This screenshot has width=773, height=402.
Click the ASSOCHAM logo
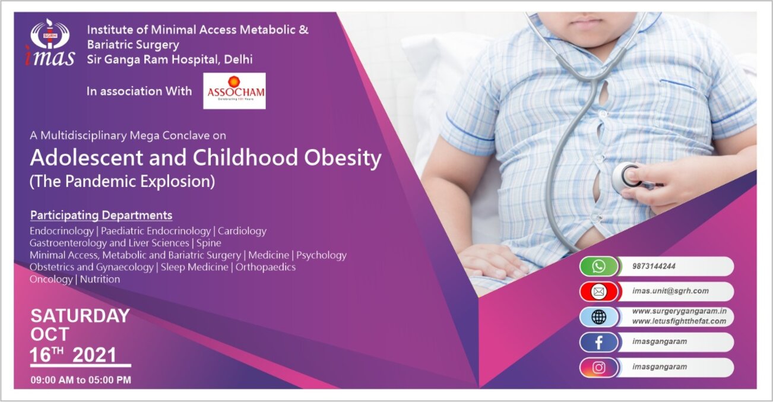pos(235,91)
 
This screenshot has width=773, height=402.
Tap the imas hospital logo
pos(50,43)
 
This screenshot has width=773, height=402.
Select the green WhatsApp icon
pos(598,267)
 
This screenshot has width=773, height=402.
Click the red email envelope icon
pos(598,292)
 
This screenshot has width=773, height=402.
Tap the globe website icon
pos(598,316)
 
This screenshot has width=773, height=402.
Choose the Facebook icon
pos(598,342)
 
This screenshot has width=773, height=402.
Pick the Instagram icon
pos(598,367)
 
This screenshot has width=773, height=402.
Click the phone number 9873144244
pos(654,267)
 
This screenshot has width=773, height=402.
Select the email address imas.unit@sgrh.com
pos(670,291)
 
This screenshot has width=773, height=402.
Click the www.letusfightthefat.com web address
pos(679,321)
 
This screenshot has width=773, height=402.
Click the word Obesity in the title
pos(343,159)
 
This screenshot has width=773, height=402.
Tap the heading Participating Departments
pos(101,216)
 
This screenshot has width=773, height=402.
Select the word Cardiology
pos(242,231)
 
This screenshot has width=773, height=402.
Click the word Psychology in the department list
pos(321,255)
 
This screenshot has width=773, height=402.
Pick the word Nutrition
pos(100,279)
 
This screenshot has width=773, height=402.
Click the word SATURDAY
pos(80,316)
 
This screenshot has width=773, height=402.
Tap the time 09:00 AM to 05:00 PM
pos(81,380)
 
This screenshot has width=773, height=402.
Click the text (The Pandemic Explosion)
pos(122,182)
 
